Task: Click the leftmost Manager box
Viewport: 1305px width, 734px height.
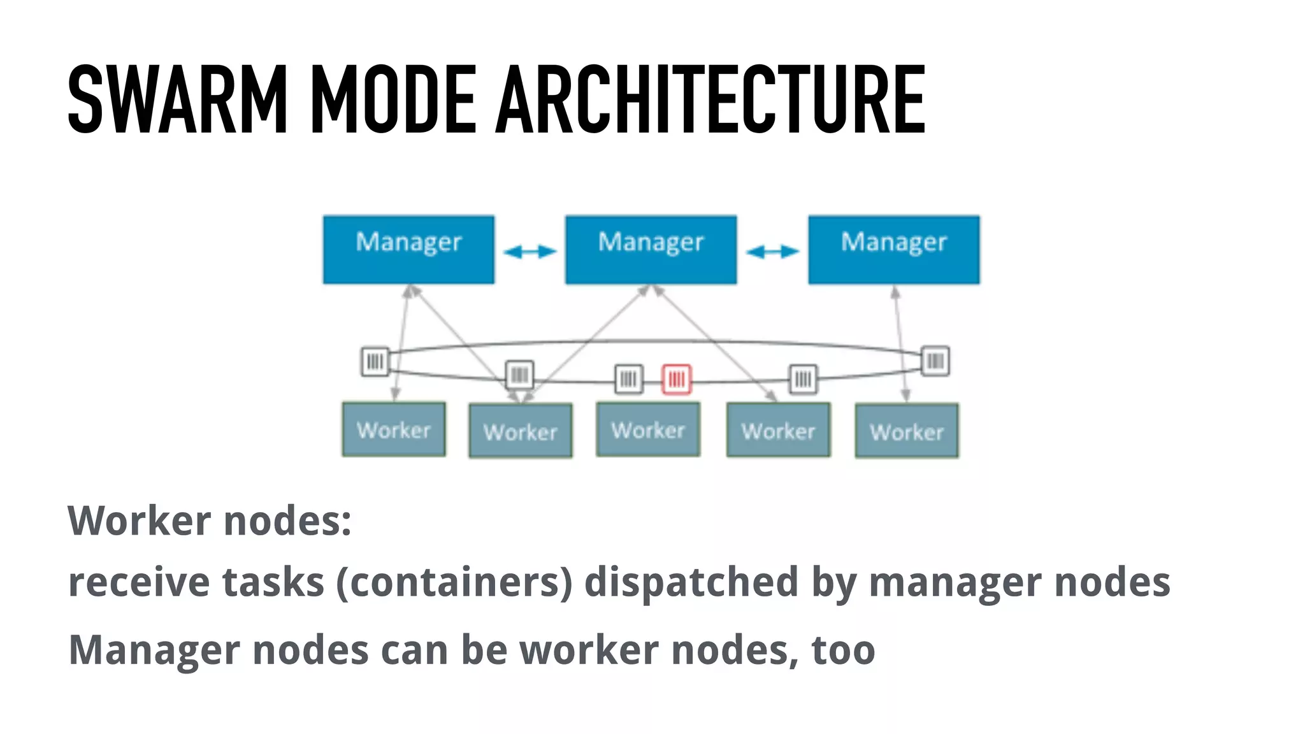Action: [x=408, y=249]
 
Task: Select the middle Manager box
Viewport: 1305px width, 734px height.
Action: [x=651, y=249]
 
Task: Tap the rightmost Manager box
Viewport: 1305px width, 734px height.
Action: [x=893, y=249]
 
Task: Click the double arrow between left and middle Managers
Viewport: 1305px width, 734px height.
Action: [x=530, y=252]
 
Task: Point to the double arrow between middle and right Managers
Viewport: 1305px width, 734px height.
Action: [x=772, y=252]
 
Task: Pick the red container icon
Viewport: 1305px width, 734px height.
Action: [x=676, y=379]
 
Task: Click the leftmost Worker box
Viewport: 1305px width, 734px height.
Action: [x=394, y=429]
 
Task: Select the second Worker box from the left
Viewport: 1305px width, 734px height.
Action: [x=520, y=431]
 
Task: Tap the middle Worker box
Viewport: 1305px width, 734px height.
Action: [x=648, y=429]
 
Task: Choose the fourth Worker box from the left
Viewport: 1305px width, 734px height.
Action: [x=778, y=429]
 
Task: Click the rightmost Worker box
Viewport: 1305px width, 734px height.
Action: [x=906, y=431]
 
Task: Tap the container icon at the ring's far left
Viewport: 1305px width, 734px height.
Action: [x=375, y=361]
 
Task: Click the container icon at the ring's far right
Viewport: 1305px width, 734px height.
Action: [x=935, y=361]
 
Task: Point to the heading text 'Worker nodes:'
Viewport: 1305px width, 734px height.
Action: [x=210, y=521]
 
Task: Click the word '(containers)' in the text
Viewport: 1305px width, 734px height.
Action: [x=454, y=582]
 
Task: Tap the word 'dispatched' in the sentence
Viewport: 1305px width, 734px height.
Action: [x=691, y=582]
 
